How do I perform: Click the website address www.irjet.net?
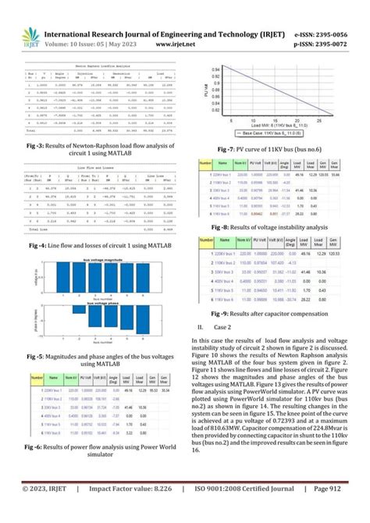point(180,45)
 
